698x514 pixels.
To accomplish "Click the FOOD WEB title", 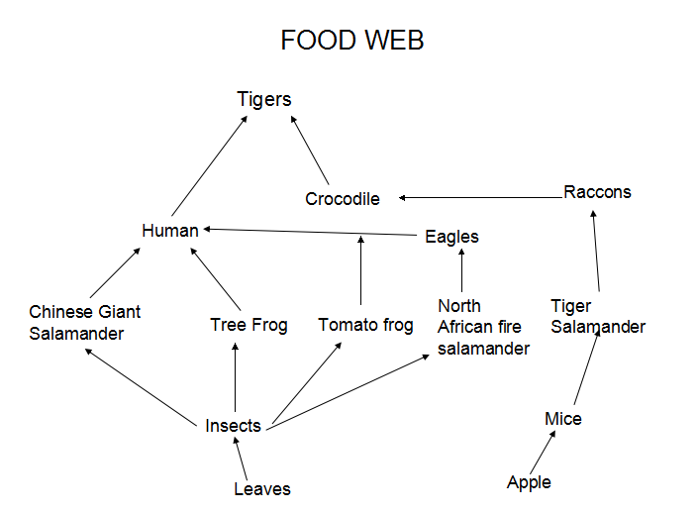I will click(351, 41).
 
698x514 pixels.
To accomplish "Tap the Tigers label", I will click(264, 99).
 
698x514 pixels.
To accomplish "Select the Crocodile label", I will click(342, 199).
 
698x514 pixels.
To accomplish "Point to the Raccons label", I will click(597, 192).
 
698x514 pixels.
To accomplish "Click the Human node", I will click(170, 231).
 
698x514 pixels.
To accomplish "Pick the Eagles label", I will click(451, 237).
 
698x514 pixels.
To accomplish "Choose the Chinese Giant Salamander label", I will click(84, 323).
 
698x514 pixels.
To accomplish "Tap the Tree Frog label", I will click(249, 325).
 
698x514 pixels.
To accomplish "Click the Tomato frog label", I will click(365, 325).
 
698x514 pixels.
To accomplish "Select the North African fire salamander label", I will click(483, 327).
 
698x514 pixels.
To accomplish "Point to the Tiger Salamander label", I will click(597, 316).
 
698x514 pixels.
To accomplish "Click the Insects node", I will click(233, 426).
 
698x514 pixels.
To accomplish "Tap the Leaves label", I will click(262, 488).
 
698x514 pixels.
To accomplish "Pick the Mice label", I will click(563, 419).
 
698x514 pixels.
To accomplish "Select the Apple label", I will click(529, 482).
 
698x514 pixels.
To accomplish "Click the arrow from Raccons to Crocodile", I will click(480, 198).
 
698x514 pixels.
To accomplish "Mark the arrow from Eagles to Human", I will click(307, 233).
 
